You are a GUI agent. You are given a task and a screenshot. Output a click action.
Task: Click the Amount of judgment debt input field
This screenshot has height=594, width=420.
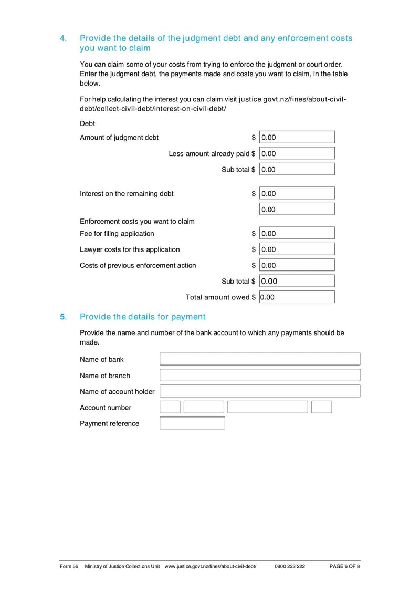click(x=297, y=138)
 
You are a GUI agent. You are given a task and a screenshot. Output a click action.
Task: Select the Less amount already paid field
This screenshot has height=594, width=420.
click(x=297, y=153)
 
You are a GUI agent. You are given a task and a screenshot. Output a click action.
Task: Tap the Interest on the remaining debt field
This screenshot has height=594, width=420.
click(x=297, y=193)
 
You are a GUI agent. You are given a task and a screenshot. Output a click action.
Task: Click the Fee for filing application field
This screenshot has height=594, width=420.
click(x=297, y=233)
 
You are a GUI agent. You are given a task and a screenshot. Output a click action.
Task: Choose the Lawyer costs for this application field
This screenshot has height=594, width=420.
click(x=297, y=249)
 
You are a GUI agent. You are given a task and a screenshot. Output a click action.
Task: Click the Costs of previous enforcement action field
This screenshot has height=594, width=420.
click(x=297, y=265)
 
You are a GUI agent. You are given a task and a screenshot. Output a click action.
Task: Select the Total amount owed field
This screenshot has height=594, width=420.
click(x=297, y=297)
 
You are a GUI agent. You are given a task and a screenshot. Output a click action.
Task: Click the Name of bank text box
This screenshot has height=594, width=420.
click(x=260, y=359)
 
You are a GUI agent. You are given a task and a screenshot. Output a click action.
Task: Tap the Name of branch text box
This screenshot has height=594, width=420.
click(x=260, y=375)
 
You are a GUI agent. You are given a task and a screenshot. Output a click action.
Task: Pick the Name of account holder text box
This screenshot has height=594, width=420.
click(x=260, y=391)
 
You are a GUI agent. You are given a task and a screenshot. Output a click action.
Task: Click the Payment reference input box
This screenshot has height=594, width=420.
click(x=192, y=423)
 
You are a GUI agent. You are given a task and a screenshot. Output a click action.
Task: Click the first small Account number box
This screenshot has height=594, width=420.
click(x=170, y=407)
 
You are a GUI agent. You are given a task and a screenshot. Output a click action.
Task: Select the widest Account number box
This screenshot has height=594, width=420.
click(x=268, y=407)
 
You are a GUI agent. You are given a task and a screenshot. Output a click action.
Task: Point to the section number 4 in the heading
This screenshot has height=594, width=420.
click(x=63, y=38)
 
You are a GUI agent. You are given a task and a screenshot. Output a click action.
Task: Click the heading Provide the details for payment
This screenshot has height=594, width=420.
click(x=142, y=317)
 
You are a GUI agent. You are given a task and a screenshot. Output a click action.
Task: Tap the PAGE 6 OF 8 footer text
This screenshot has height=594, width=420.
click(x=344, y=567)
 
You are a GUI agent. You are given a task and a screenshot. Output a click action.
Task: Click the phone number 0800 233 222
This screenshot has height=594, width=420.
click(x=289, y=567)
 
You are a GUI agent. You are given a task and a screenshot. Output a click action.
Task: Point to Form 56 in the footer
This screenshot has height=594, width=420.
click(x=69, y=567)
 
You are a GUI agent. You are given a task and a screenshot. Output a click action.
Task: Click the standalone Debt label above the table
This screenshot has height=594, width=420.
click(x=88, y=124)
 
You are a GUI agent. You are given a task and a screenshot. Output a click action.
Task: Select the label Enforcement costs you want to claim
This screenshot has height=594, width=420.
click(x=137, y=221)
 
